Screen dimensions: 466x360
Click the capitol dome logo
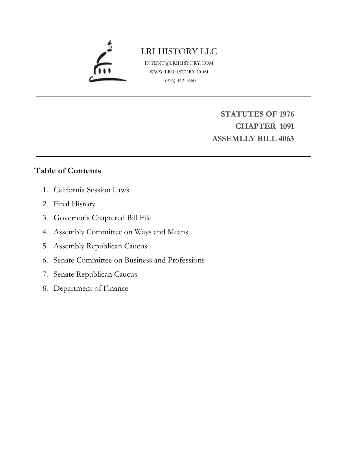click(107, 63)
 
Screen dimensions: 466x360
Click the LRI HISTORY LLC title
click(179, 51)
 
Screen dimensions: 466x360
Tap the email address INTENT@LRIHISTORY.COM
click(179, 63)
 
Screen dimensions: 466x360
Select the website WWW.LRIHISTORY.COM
click(179, 72)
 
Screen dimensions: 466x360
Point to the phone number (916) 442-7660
click(180, 81)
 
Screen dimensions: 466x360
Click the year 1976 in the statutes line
click(286, 114)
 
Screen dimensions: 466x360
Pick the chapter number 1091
click(287, 126)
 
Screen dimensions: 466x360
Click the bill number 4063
click(286, 139)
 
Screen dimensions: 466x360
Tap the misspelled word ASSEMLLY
click(230, 139)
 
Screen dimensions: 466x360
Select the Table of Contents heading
click(67, 171)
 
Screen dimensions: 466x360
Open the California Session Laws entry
click(91, 190)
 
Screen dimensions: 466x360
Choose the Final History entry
click(74, 204)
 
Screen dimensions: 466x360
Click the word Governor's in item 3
click(72, 218)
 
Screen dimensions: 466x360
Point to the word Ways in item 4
click(143, 232)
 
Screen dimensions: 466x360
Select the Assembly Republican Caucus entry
click(100, 246)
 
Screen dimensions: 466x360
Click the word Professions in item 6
click(186, 260)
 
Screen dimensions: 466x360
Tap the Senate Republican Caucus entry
click(95, 274)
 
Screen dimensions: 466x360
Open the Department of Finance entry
click(91, 288)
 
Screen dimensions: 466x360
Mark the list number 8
click(45, 288)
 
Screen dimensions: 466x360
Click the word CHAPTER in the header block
click(255, 126)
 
